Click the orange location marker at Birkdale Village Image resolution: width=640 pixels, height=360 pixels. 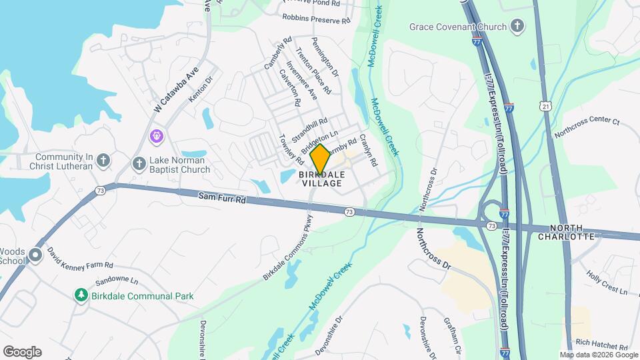point(320,159)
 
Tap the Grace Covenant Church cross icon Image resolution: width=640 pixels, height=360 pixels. point(517,27)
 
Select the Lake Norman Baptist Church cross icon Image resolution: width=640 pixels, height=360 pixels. point(139,163)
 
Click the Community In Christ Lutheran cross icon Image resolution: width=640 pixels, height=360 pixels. point(102,160)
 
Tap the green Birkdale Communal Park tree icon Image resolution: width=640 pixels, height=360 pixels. point(81,295)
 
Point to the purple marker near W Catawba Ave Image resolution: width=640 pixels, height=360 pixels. point(157,136)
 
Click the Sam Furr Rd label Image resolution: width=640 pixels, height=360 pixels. point(222,197)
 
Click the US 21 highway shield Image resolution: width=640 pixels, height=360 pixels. point(546,107)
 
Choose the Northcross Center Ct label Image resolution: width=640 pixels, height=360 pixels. point(587,127)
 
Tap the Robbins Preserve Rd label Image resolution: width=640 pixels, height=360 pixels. point(316,19)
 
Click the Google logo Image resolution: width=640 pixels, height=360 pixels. point(22,352)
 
